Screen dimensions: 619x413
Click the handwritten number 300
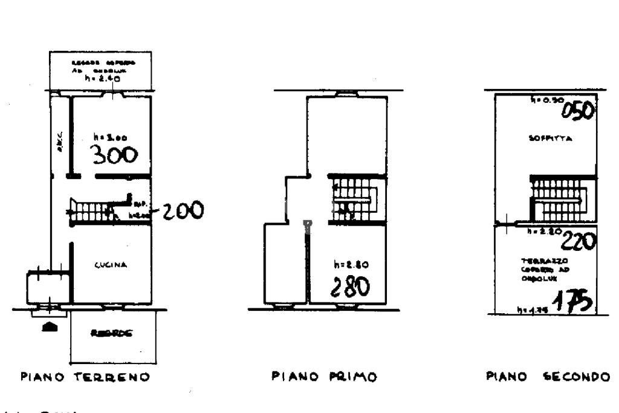point(114,156)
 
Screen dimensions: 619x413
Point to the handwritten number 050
point(577,111)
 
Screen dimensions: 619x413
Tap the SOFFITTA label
point(546,138)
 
